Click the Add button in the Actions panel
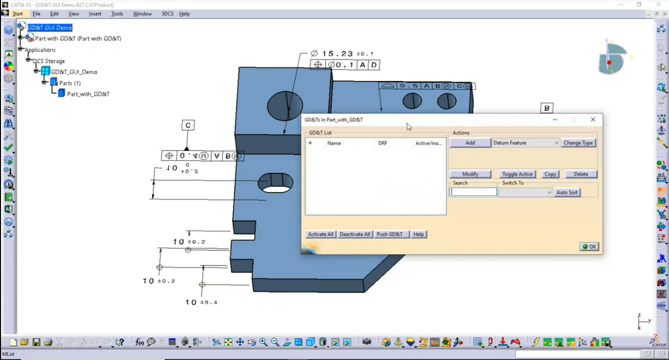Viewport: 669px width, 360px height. [x=470, y=143]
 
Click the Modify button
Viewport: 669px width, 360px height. [x=470, y=174]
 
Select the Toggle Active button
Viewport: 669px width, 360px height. [x=517, y=174]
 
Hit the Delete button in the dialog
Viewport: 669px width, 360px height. [x=581, y=174]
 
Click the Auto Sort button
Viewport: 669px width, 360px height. [x=567, y=193]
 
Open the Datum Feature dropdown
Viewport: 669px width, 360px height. [x=526, y=143]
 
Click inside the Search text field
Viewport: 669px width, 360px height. [x=473, y=192]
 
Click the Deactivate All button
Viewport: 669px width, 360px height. [x=355, y=234]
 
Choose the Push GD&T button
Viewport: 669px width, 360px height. [x=390, y=234]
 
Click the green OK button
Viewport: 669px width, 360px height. [x=589, y=247]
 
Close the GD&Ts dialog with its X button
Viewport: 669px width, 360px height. [x=593, y=120]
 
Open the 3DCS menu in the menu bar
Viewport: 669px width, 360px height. [x=167, y=14]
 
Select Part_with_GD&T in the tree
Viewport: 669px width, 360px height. [x=88, y=94]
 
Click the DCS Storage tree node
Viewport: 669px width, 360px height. [x=49, y=61]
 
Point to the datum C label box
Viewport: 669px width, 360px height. [x=188, y=126]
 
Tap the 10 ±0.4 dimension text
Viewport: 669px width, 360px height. [x=201, y=302]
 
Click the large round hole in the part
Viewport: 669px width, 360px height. [x=285, y=106]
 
